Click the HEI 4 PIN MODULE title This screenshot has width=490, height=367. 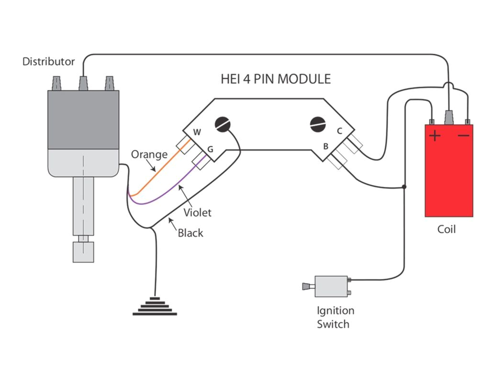click(x=276, y=78)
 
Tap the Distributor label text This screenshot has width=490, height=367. click(x=49, y=62)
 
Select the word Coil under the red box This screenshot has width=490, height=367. click(x=446, y=229)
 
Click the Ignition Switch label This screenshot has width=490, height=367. click(x=335, y=317)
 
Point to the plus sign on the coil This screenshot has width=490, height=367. click(x=434, y=136)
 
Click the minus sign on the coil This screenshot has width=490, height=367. click(x=463, y=136)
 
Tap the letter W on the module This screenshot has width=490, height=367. click(x=197, y=132)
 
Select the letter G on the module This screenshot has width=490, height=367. click(x=210, y=150)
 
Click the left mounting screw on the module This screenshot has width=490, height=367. click(x=223, y=124)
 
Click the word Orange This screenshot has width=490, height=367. click(x=149, y=154)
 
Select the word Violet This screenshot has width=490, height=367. click(x=198, y=213)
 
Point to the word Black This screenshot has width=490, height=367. click(x=190, y=233)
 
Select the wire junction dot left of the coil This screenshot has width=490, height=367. click(x=405, y=187)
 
